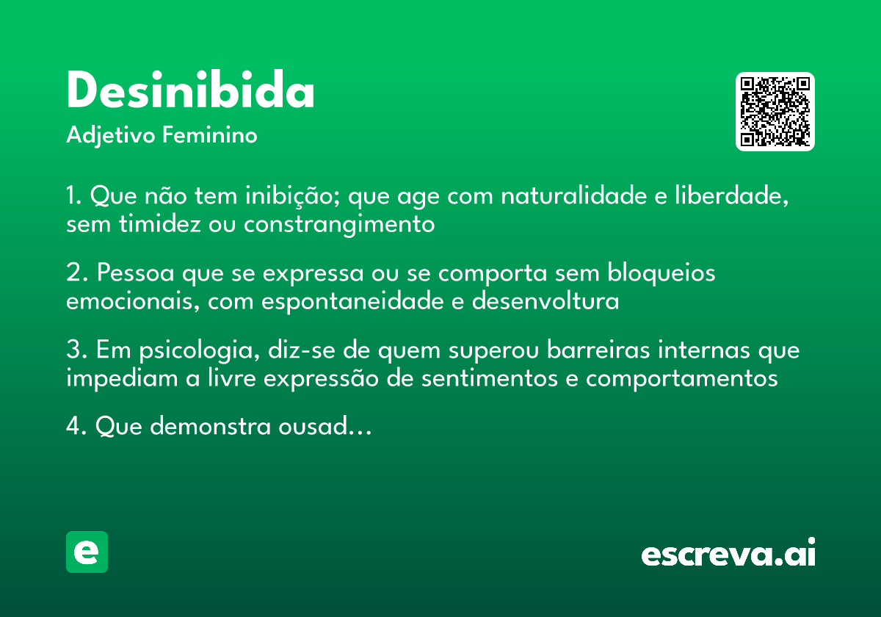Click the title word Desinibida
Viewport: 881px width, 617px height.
(x=190, y=92)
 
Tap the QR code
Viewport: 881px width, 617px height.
(x=775, y=112)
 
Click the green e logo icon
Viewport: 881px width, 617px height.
(x=87, y=552)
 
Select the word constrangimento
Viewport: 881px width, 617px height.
(x=339, y=223)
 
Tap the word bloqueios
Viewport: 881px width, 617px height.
(x=661, y=273)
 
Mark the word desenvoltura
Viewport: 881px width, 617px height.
(x=545, y=300)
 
